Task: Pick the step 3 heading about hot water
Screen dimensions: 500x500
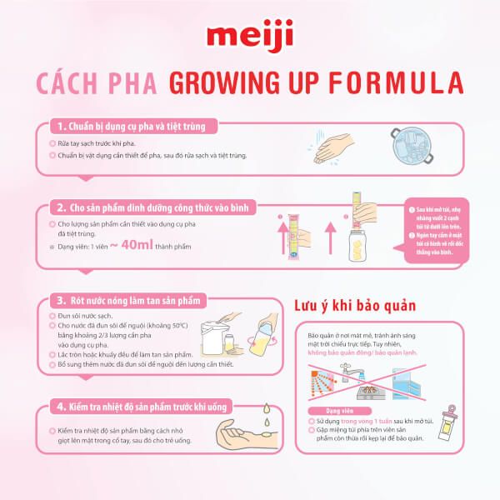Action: tap(134, 299)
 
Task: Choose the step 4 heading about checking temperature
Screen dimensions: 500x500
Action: tap(138, 407)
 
